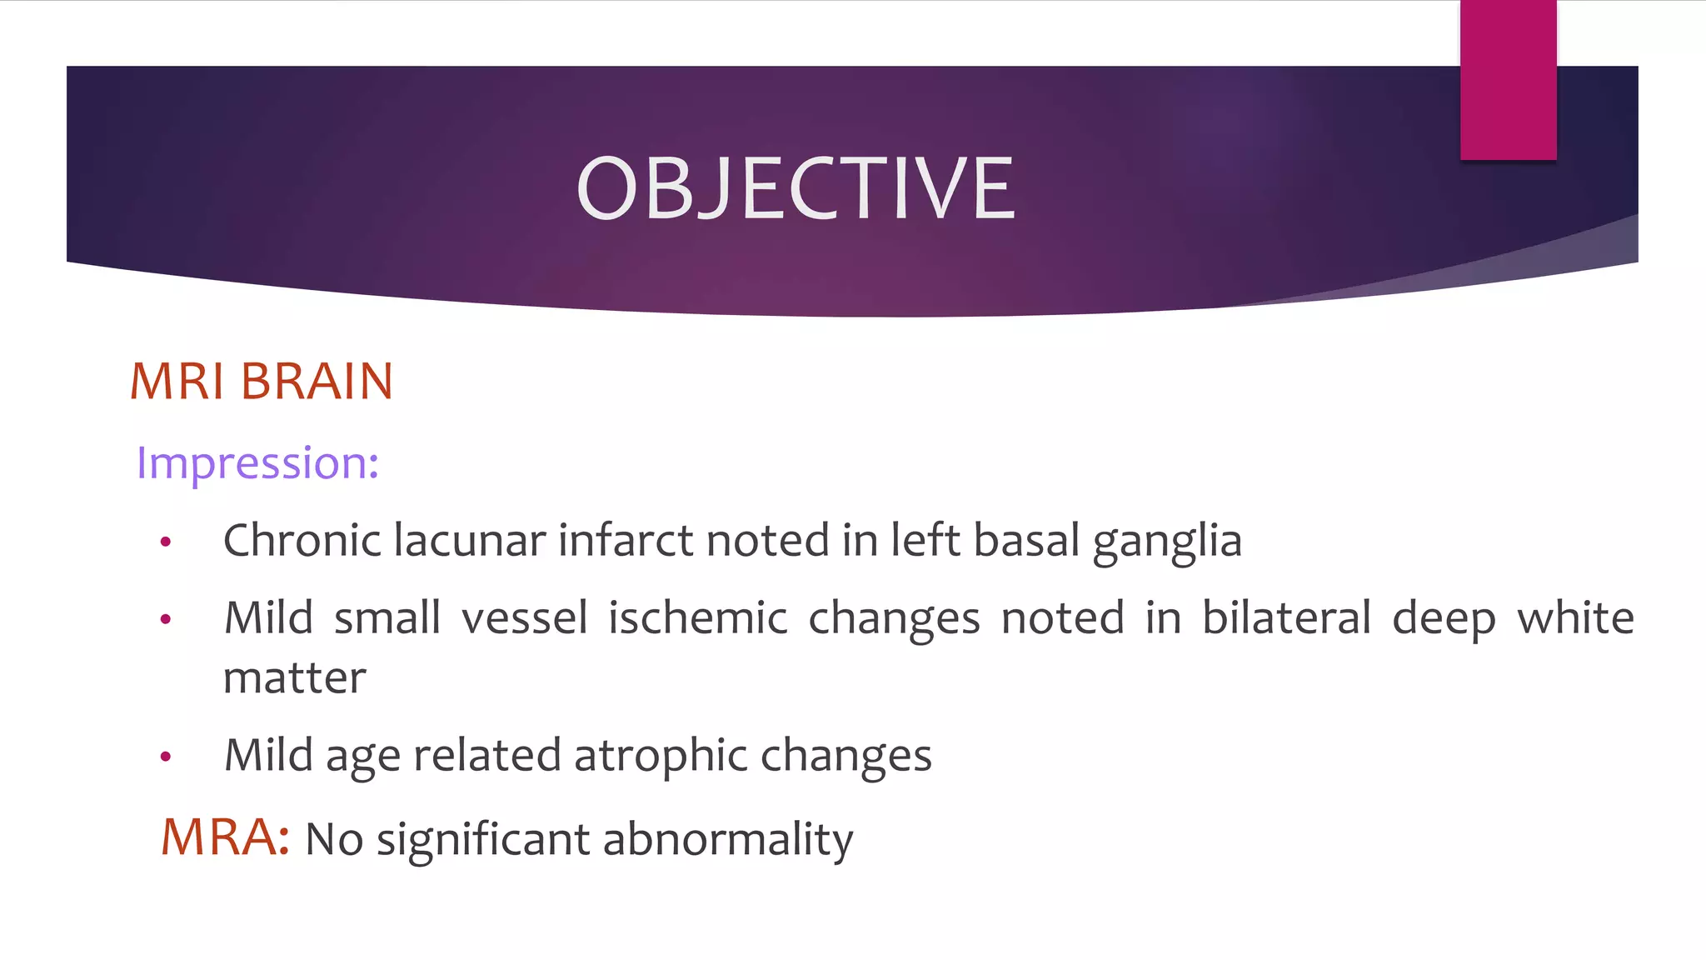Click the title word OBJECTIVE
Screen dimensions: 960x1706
(x=796, y=189)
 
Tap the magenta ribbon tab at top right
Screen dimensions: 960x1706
(x=1508, y=80)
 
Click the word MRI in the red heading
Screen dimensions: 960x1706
(x=177, y=382)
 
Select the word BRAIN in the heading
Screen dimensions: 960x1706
(x=317, y=382)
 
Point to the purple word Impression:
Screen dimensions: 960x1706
(x=257, y=462)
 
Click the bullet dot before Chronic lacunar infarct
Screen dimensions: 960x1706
(x=166, y=542)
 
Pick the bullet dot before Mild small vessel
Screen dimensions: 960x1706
(x=166, y=619)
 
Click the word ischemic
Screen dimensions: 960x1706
(x=697, y=618)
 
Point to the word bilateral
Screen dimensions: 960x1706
(x=1286, y=618)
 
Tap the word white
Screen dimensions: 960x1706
(x=1575, y=618)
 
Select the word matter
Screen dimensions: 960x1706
(x=295, y=677)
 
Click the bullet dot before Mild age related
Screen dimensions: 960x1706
(x=166, y=757)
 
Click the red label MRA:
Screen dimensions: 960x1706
(x=225, y=837)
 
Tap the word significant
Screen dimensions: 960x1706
(x=483, y=839)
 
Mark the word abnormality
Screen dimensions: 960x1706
(x=728, y=839)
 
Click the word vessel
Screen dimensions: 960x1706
(x=525, y=618)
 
